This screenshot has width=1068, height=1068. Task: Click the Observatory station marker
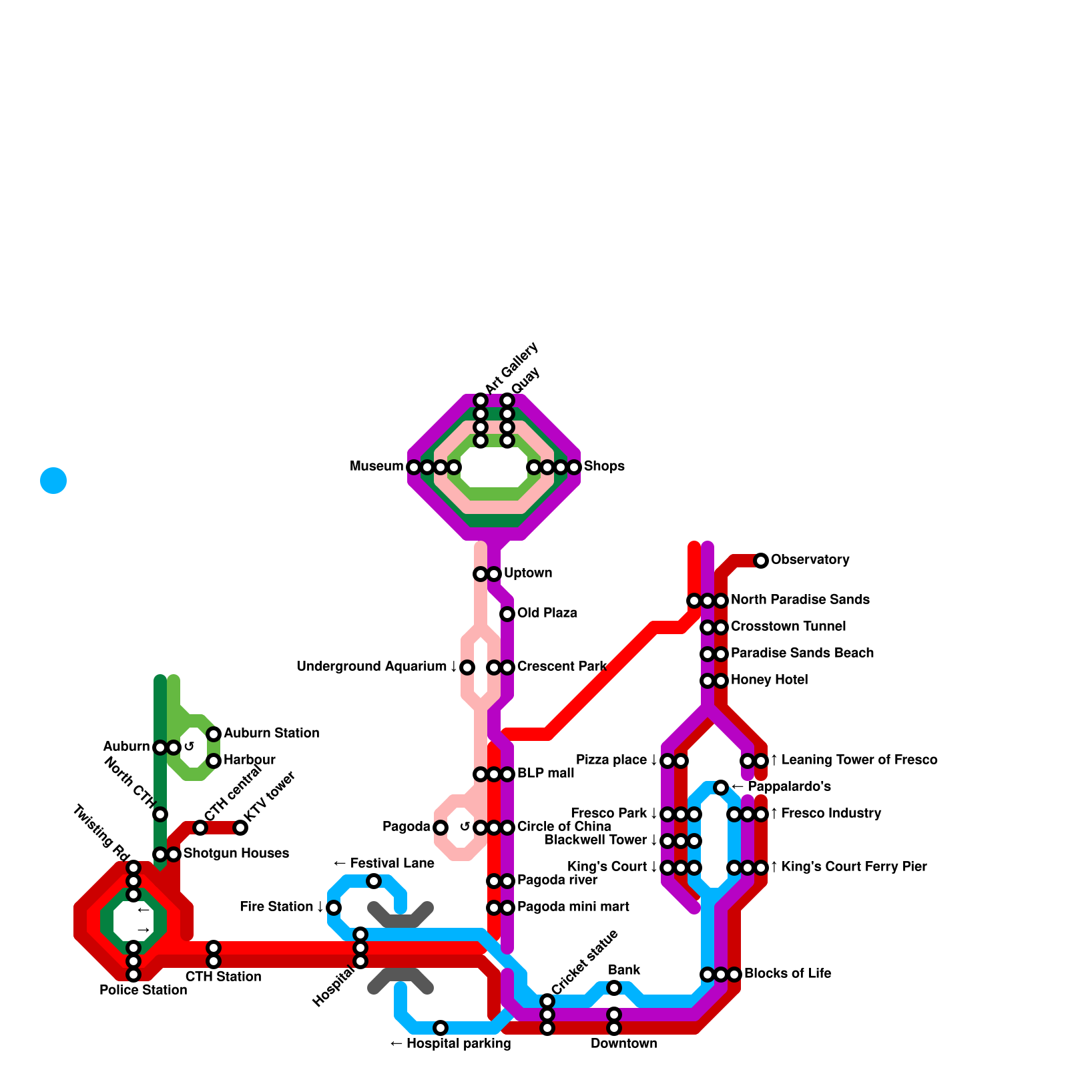pos(761,561)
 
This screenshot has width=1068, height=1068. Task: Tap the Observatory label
pos(810,559)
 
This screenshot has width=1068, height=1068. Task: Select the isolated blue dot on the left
pos(53,481)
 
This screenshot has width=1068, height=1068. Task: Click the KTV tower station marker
pos(240,828)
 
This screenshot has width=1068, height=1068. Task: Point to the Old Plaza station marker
pos(507,614)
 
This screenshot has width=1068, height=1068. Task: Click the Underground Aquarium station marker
pos(467,667)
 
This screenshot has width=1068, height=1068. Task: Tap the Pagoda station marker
pos(441,828)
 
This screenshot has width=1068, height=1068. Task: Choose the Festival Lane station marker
pos(374,881)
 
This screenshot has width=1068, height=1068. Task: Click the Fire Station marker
pos(334,908)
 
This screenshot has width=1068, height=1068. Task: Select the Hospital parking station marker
pos(441,1028)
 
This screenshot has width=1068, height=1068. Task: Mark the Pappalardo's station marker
pos(721,788)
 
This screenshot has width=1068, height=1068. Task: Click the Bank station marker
pos(614,988)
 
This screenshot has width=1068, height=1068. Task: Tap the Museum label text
pos(376,466)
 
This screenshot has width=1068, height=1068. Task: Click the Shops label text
pos(604,466)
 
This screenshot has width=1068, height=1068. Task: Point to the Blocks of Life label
pos(788,973)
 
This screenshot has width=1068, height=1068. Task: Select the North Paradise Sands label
pos(800,599)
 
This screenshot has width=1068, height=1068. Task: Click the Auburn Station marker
pos(214,734)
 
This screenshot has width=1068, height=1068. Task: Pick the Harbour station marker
pos(214,761)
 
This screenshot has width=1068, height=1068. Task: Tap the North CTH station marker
pos(160,814)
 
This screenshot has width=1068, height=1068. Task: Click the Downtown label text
pos(623,1043)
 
